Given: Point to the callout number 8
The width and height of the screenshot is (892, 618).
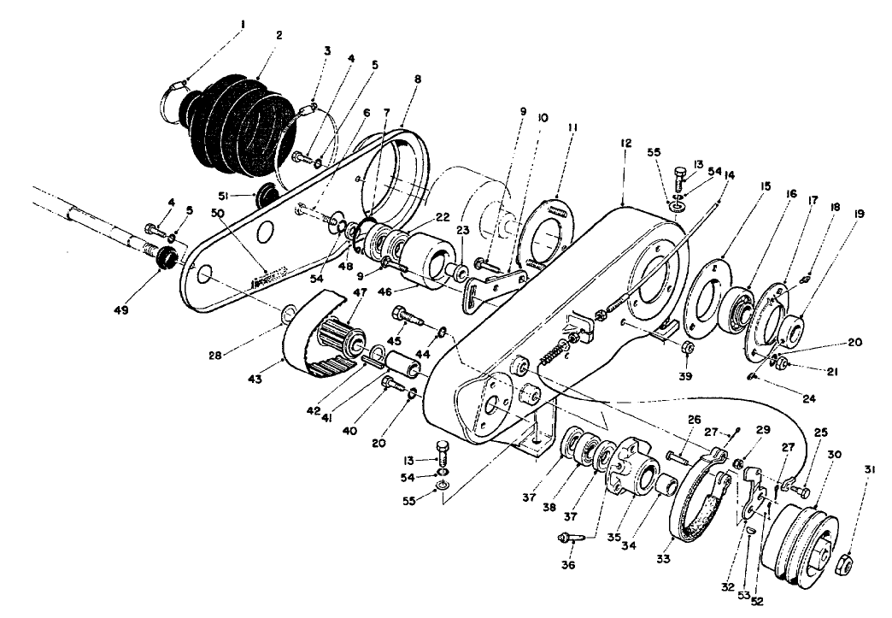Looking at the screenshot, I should [x=416, y=79].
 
